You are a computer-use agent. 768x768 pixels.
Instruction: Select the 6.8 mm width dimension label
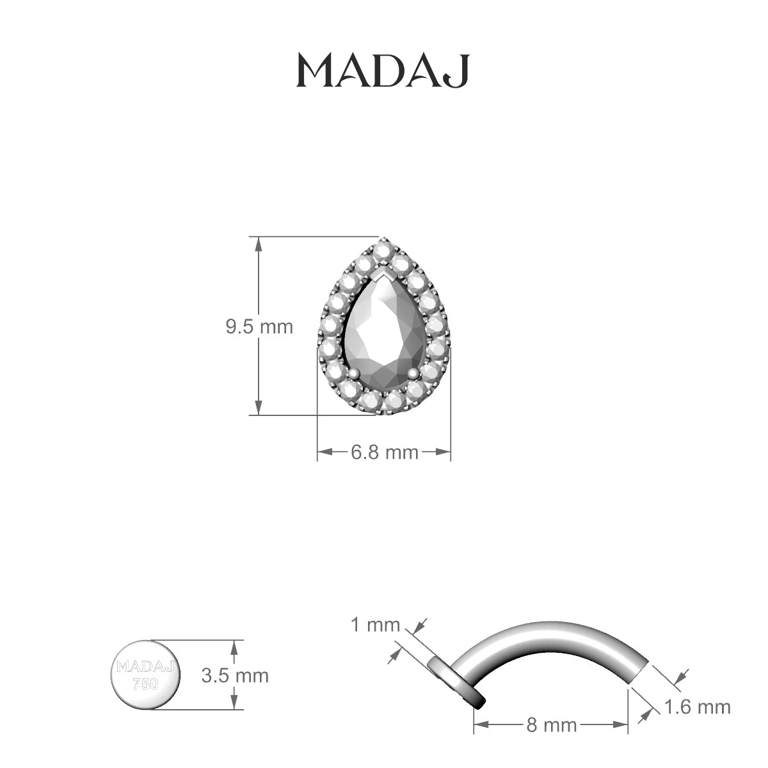pyautogui.click(x=384, y=452)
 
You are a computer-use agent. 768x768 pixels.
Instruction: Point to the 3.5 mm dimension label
pyautogui.click(x=234, y=675)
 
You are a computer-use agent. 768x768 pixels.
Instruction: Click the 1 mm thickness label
pyautogui.click(x=375, y=625)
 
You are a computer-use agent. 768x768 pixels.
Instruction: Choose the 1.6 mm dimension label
pyautogui.click(x=697, y=707)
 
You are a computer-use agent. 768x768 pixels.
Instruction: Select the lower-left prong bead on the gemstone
pyautogui.click(x=353, y=372)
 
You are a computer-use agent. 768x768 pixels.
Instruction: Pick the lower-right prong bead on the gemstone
pyautogui.click(x=413, y=372)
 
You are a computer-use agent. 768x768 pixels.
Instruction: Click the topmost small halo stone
pyautogui.click(x=383, y=247)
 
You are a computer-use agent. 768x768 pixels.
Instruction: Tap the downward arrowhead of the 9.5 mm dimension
pyautogui.click(x=258, y=408)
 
